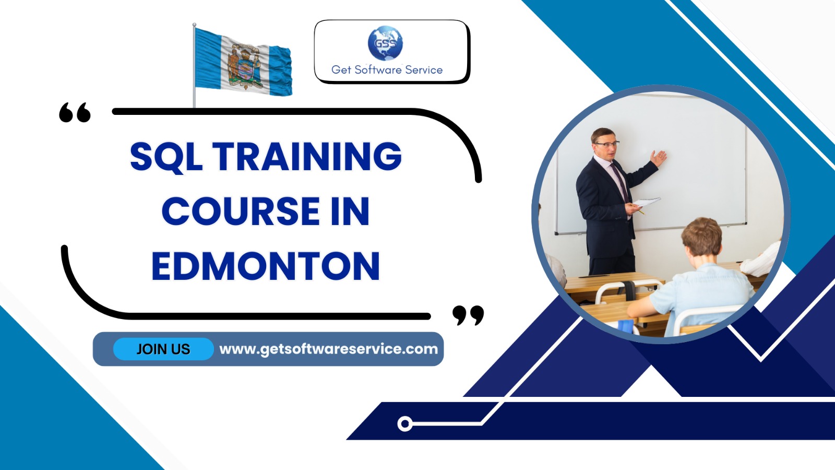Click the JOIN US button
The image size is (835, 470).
(163, 349)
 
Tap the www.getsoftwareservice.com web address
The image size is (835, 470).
(328, 349)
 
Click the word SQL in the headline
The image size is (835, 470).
(166, 157)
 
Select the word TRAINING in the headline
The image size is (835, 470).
(307, 156)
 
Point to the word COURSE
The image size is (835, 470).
(241, 211)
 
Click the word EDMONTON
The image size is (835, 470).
(266, 266)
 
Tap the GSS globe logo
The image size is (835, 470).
(385, 43)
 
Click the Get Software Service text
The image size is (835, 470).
(387, 70)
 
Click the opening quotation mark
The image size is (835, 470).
(75, 112)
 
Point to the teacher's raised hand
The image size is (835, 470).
(658, 158)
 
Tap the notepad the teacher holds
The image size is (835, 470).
(647, 203)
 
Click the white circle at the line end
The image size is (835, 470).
(405, 424)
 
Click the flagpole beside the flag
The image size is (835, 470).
(194, 66)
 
